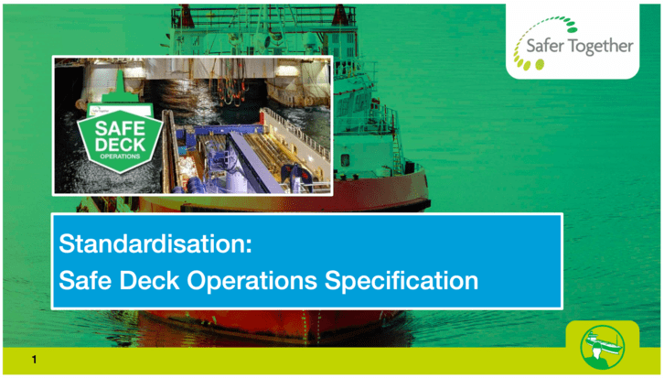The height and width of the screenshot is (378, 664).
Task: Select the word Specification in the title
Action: point(402,281)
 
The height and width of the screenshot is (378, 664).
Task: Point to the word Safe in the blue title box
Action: point(86,281)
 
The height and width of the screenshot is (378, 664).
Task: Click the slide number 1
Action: point(35,360)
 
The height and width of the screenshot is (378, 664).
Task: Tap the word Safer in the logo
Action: point(544,46)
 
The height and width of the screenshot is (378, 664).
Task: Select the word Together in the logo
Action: point(601,47)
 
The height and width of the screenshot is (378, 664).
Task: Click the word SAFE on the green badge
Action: point(120,128)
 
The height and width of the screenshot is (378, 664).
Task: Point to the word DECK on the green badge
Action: point(120,145)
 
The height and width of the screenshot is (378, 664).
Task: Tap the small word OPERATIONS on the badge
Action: point(120,157)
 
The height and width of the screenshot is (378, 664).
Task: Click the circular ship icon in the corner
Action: point(602,347)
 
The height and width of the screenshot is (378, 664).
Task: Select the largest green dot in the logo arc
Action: point(540,64)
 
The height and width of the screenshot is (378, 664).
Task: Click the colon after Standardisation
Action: point(249,246)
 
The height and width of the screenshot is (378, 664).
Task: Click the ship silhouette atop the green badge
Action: point(120,92)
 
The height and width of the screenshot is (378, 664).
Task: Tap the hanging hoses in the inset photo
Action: point(234,84)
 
